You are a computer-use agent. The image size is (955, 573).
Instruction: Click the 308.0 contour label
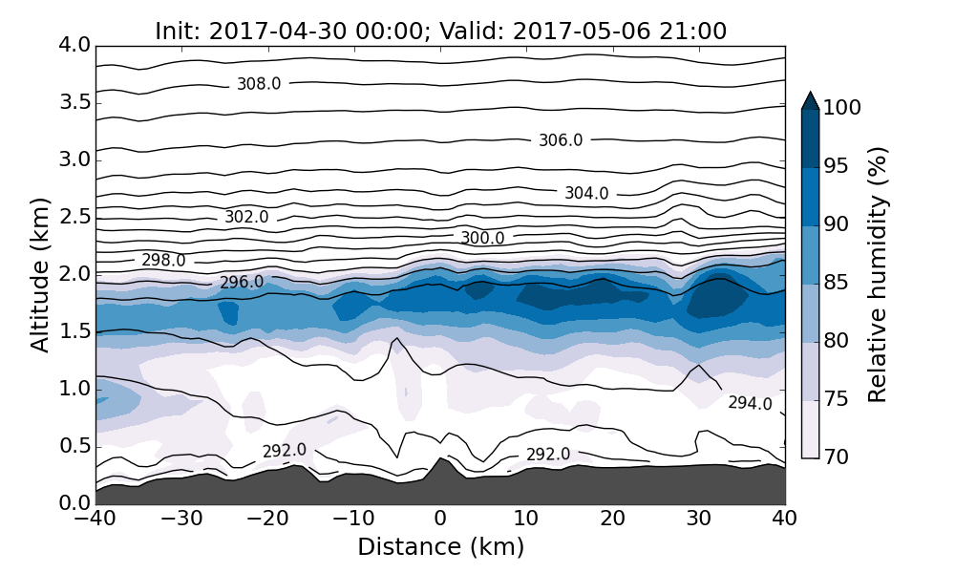[x=259, y=84]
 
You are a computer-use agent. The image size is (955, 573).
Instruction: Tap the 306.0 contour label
[x=561, y=140]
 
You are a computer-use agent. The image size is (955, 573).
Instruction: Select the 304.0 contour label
[x=586, y=193]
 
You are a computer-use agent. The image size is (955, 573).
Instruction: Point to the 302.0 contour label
[x=246, y=218]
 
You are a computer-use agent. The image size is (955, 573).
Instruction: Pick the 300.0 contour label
[x=482, y=238]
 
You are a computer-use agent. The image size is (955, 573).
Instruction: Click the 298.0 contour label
[x=163, y=260]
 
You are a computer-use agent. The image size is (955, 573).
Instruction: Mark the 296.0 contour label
[x=242, y=283]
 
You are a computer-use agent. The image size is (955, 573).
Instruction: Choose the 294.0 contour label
[x=750, y=403]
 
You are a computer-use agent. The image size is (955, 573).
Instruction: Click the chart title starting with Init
[x=440, y=32]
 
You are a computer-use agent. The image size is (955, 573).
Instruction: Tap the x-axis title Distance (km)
[x=440, y=547]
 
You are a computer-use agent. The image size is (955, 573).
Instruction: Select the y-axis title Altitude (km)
[x=40, y=275]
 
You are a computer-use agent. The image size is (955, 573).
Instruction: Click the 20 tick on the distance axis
[x=612, y=520]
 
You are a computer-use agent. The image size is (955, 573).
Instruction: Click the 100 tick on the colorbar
[x=843, y=109]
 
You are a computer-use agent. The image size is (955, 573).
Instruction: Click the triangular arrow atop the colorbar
[x=810, y=100]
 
